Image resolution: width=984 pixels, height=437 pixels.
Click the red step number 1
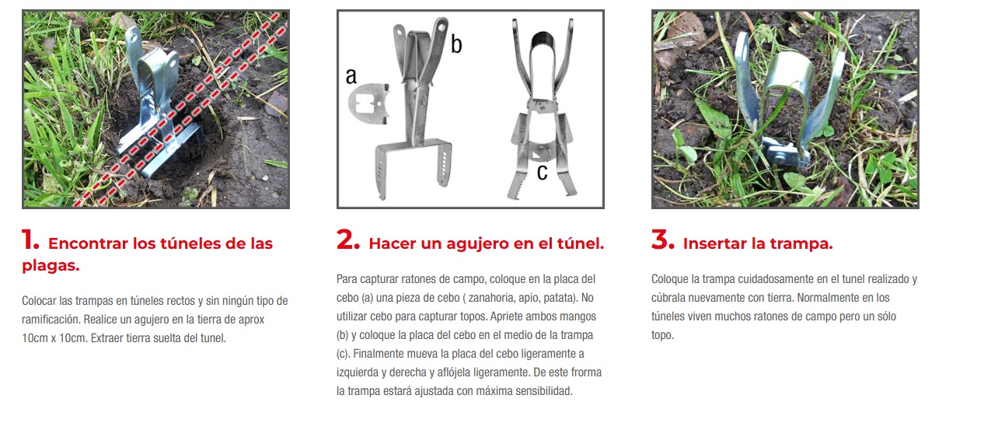[x=30, y=240]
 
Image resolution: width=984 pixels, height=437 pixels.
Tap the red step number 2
[x=348, y=240]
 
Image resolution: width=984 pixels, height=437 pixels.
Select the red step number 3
[x=662, y=240]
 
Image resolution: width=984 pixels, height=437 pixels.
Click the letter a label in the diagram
[x=351, y=76]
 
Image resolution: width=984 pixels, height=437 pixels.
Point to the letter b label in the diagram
[x=456, y=44]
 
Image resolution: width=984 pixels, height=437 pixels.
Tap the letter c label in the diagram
[x=542, y=172]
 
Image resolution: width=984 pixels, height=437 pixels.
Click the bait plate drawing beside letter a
[x=368, y=103]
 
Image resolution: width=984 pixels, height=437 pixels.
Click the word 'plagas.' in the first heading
[x=51, y=265]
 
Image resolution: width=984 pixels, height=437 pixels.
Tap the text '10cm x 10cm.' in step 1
[x=55, y=338]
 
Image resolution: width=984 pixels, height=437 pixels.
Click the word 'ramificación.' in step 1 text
[x=51, y=320]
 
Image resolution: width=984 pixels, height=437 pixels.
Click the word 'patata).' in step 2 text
[x=560, y=298]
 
